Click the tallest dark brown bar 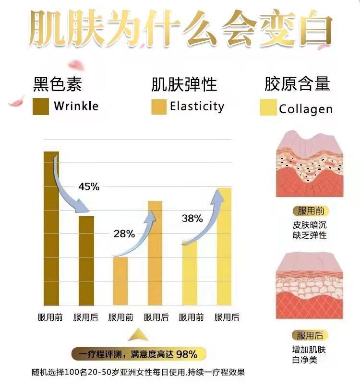[51, 228]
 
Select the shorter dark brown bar [86, 260]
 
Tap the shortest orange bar [120, 281]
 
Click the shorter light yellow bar [190, 272]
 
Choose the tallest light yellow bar [224, 246]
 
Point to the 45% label [89, 187]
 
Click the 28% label [124, 234]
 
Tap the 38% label [192, 219]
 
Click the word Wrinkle [76, 106]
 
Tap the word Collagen [305, 109]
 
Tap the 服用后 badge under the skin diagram [310, 335]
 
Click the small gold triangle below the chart [137, 334]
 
